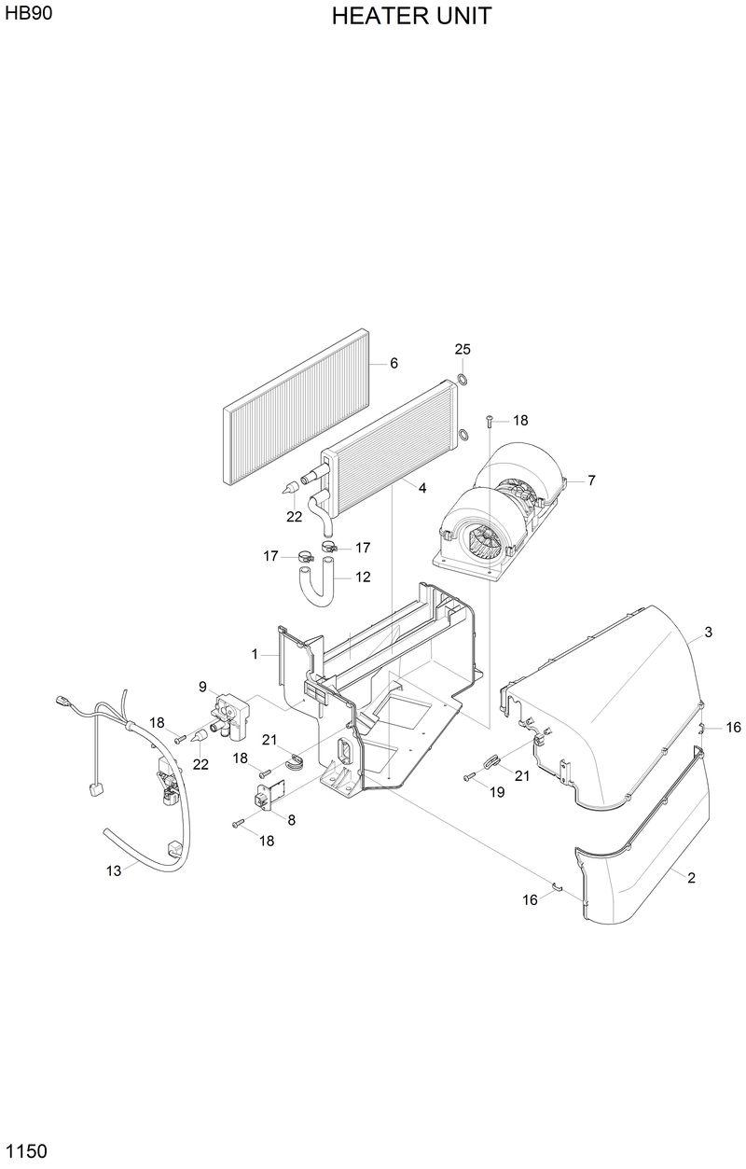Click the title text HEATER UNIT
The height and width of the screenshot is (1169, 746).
[411, 16]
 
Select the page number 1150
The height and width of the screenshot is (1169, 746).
[25, 1151]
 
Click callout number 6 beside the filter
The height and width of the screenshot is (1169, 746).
[394, 363]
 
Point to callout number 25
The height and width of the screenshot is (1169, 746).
[463, 349]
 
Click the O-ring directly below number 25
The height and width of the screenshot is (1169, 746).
[462, 379]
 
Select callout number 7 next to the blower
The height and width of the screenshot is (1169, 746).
[590, 480]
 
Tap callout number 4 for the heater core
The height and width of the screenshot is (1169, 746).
[422, 488]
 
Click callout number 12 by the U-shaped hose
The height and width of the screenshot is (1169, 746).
[362, 577]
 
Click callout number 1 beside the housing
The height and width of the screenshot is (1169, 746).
[255, 655]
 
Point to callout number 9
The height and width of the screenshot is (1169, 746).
[201, 687]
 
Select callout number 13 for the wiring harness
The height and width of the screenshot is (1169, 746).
[114, 870]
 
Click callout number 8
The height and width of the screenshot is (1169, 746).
[291, 820]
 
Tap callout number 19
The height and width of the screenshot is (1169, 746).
[497, 791]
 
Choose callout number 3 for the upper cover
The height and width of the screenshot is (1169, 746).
[708, 633]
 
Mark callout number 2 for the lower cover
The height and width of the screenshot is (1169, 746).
[691, 877]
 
